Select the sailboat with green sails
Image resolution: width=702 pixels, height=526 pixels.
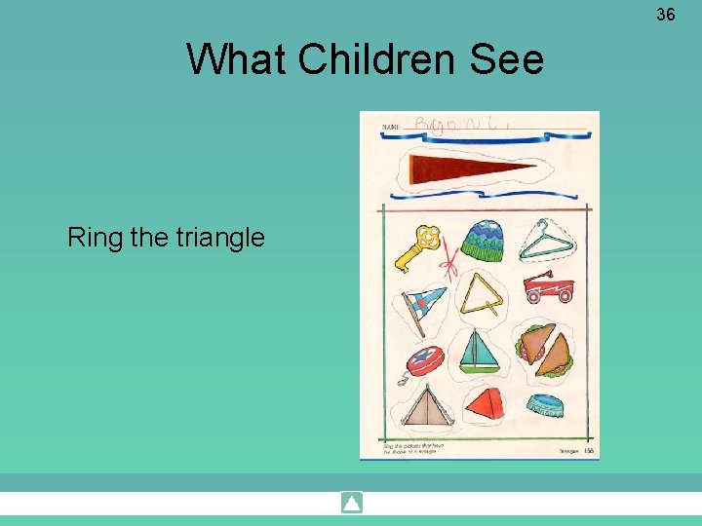click(x=479, y=352)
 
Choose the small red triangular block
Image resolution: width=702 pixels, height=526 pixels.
click(x=485, y=402)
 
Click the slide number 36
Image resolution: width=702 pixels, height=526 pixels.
click(x=666, y=15)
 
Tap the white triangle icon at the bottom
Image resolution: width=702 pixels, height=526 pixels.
click(x=352, y=504)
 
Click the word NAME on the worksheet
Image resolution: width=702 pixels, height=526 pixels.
click(x=392, y=128)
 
